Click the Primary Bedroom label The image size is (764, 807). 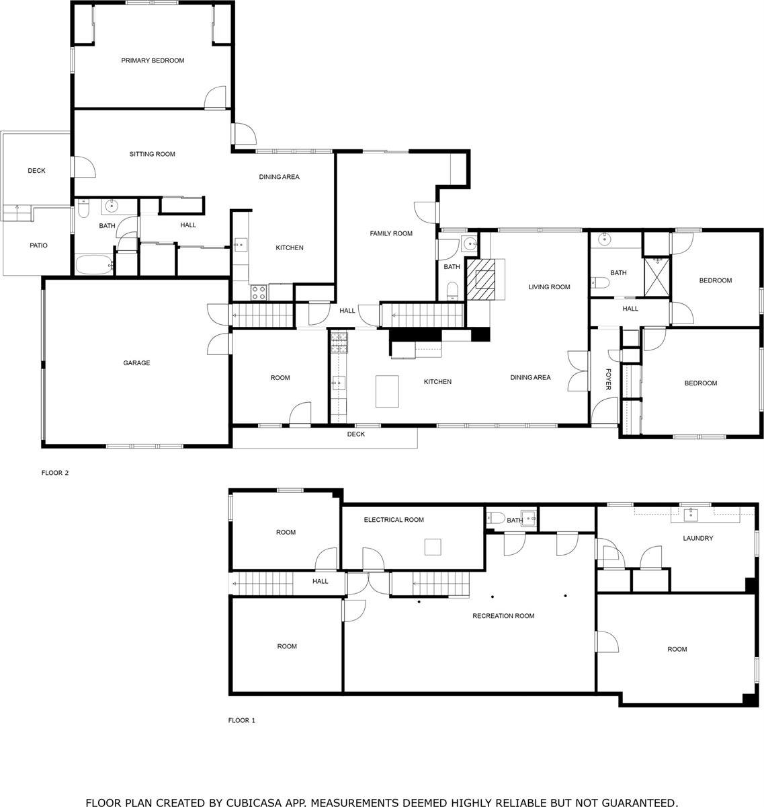click(x=153, y=61)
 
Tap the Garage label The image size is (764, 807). click(x=136, y=363)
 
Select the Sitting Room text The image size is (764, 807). click(x=152, y=154)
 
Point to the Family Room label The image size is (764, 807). click(x=391, y=233)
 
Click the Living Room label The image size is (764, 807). click(x=549, y=287)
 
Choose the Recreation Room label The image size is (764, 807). click(x=503, y=616)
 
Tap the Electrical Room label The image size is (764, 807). click(x=394, y=520)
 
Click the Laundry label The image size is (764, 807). click(x=697, y=538)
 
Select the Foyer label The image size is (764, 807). click(x=608, y=379)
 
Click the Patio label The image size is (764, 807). click(x=38, y=245)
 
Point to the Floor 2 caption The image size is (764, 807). click(x=55, y=473)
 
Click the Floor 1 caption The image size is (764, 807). click(x=242, y=720)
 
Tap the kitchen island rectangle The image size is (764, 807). click(x=386, y=391)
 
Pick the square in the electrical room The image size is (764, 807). click(x=433, y=547)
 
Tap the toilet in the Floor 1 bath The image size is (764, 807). click(x=495, y=518)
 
